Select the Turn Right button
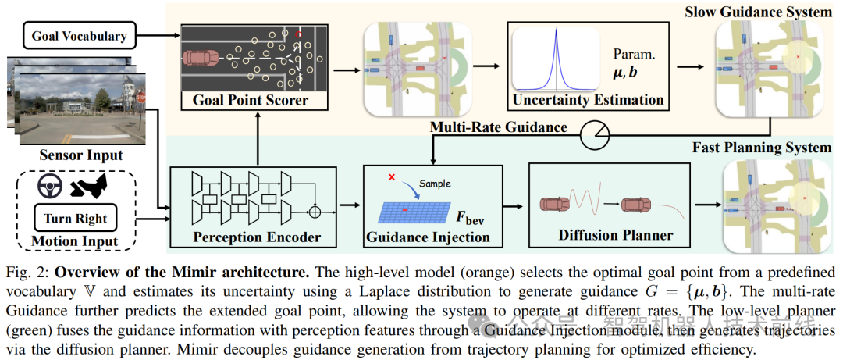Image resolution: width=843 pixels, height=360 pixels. point(75,218)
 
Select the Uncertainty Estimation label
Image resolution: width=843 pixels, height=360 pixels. point(588,100)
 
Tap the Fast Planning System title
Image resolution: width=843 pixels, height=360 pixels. point(762,147)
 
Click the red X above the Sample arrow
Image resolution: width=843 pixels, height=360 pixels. point(391,177)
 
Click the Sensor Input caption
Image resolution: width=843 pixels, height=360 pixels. point(81,155)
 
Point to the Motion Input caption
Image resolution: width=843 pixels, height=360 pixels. point(75,241)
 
